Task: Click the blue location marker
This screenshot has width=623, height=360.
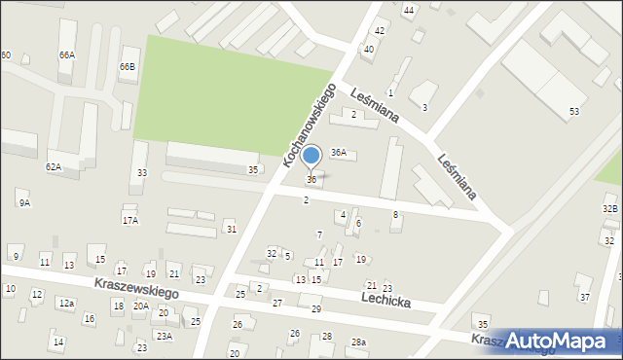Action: click(311, 156)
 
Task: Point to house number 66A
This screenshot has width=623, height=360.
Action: click(66, 55)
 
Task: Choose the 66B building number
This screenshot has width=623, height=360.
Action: click(128, 66)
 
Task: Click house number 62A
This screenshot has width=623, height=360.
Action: click(54, 167)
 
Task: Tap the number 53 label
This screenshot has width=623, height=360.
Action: click(574, 112)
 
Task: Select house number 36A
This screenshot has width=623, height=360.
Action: click(339, 153)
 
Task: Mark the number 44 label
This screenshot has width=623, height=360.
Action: click(409, 10)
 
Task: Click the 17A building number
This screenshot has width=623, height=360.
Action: click(129, 221)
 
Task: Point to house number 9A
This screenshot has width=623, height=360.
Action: click(24, 202)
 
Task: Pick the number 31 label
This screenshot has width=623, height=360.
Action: click(231, 229)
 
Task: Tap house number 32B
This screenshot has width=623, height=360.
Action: click(610, 209)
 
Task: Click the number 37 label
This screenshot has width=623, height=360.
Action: click(585, 297)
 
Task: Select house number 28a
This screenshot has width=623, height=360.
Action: click(358, 342)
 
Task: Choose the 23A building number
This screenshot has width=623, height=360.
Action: click(165, 336)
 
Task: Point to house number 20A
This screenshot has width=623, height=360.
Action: click(140, 306)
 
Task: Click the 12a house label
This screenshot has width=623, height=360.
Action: click(65, 305)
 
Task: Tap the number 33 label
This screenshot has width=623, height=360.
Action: click(142, 173)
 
